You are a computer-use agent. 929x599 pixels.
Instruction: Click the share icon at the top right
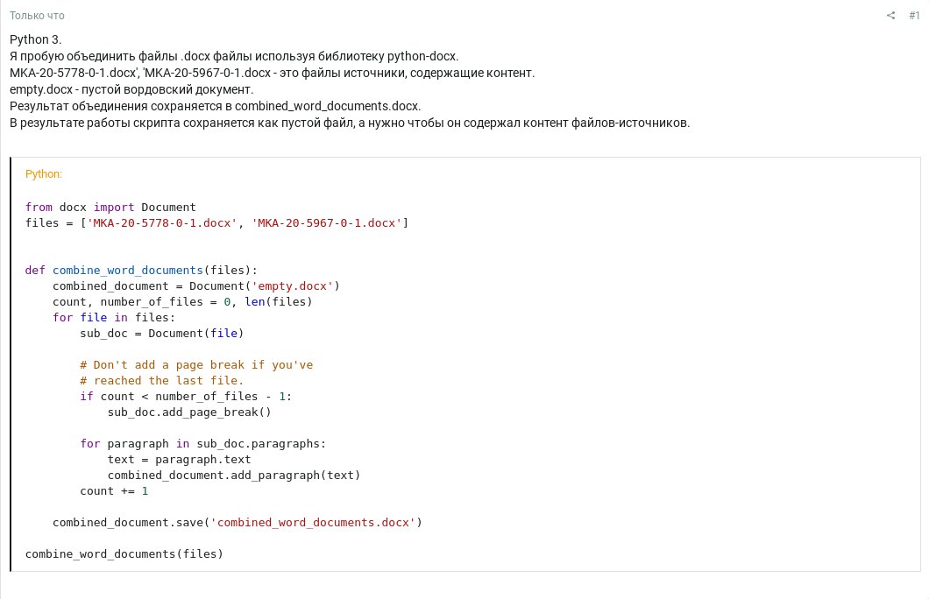click(890, 16)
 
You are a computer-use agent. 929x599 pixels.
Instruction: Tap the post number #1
click(914, 16)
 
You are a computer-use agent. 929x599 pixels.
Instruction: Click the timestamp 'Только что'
click(37, 16)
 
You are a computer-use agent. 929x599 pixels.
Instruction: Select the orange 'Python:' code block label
click(43, 174)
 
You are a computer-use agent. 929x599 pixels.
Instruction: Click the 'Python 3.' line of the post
click(36, 39)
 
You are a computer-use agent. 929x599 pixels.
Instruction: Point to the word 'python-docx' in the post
click(422, 56)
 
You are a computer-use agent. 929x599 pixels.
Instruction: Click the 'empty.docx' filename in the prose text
click(41, 89)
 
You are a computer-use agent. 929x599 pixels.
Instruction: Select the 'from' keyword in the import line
click(39, 208)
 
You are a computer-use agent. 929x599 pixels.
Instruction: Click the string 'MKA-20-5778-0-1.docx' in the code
click(162, 223)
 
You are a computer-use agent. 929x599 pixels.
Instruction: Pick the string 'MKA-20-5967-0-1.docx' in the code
click(326, 223)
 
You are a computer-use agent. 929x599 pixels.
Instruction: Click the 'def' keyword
click(35, 270)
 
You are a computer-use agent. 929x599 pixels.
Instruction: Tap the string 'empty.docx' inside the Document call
click(292, 285)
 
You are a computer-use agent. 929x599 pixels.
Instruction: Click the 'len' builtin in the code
click(255, 302)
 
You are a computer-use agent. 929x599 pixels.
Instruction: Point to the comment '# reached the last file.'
click(162, 381)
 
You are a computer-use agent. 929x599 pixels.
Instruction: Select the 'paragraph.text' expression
click(203, 459)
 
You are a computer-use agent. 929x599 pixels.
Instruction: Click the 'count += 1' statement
click(114, 490)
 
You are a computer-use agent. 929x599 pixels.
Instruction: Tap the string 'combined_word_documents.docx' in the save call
click(313, 523)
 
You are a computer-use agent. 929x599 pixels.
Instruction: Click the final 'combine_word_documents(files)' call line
click(124, 554)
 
